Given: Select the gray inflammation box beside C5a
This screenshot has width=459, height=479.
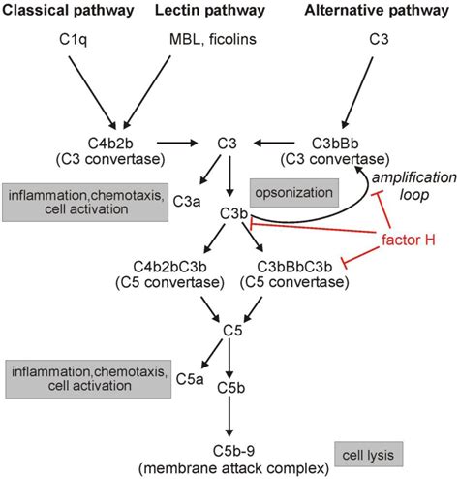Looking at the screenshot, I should (x=74, y=376).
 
